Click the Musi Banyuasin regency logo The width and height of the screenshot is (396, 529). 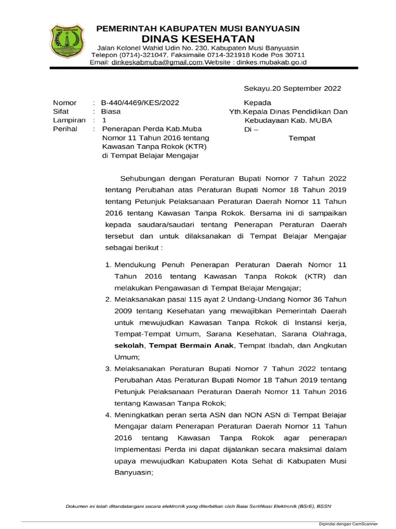(65, 43)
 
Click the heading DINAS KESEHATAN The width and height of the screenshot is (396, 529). (198, 39)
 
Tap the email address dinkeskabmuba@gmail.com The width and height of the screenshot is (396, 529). (156, 62)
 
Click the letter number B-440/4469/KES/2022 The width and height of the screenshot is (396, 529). (140, 102)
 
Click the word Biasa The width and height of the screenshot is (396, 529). (111, 111)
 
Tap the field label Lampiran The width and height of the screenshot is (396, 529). (69, 120)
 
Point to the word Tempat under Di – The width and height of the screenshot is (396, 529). (301, 138)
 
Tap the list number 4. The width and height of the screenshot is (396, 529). (108, 415)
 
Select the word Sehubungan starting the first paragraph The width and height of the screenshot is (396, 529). (143, 178)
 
